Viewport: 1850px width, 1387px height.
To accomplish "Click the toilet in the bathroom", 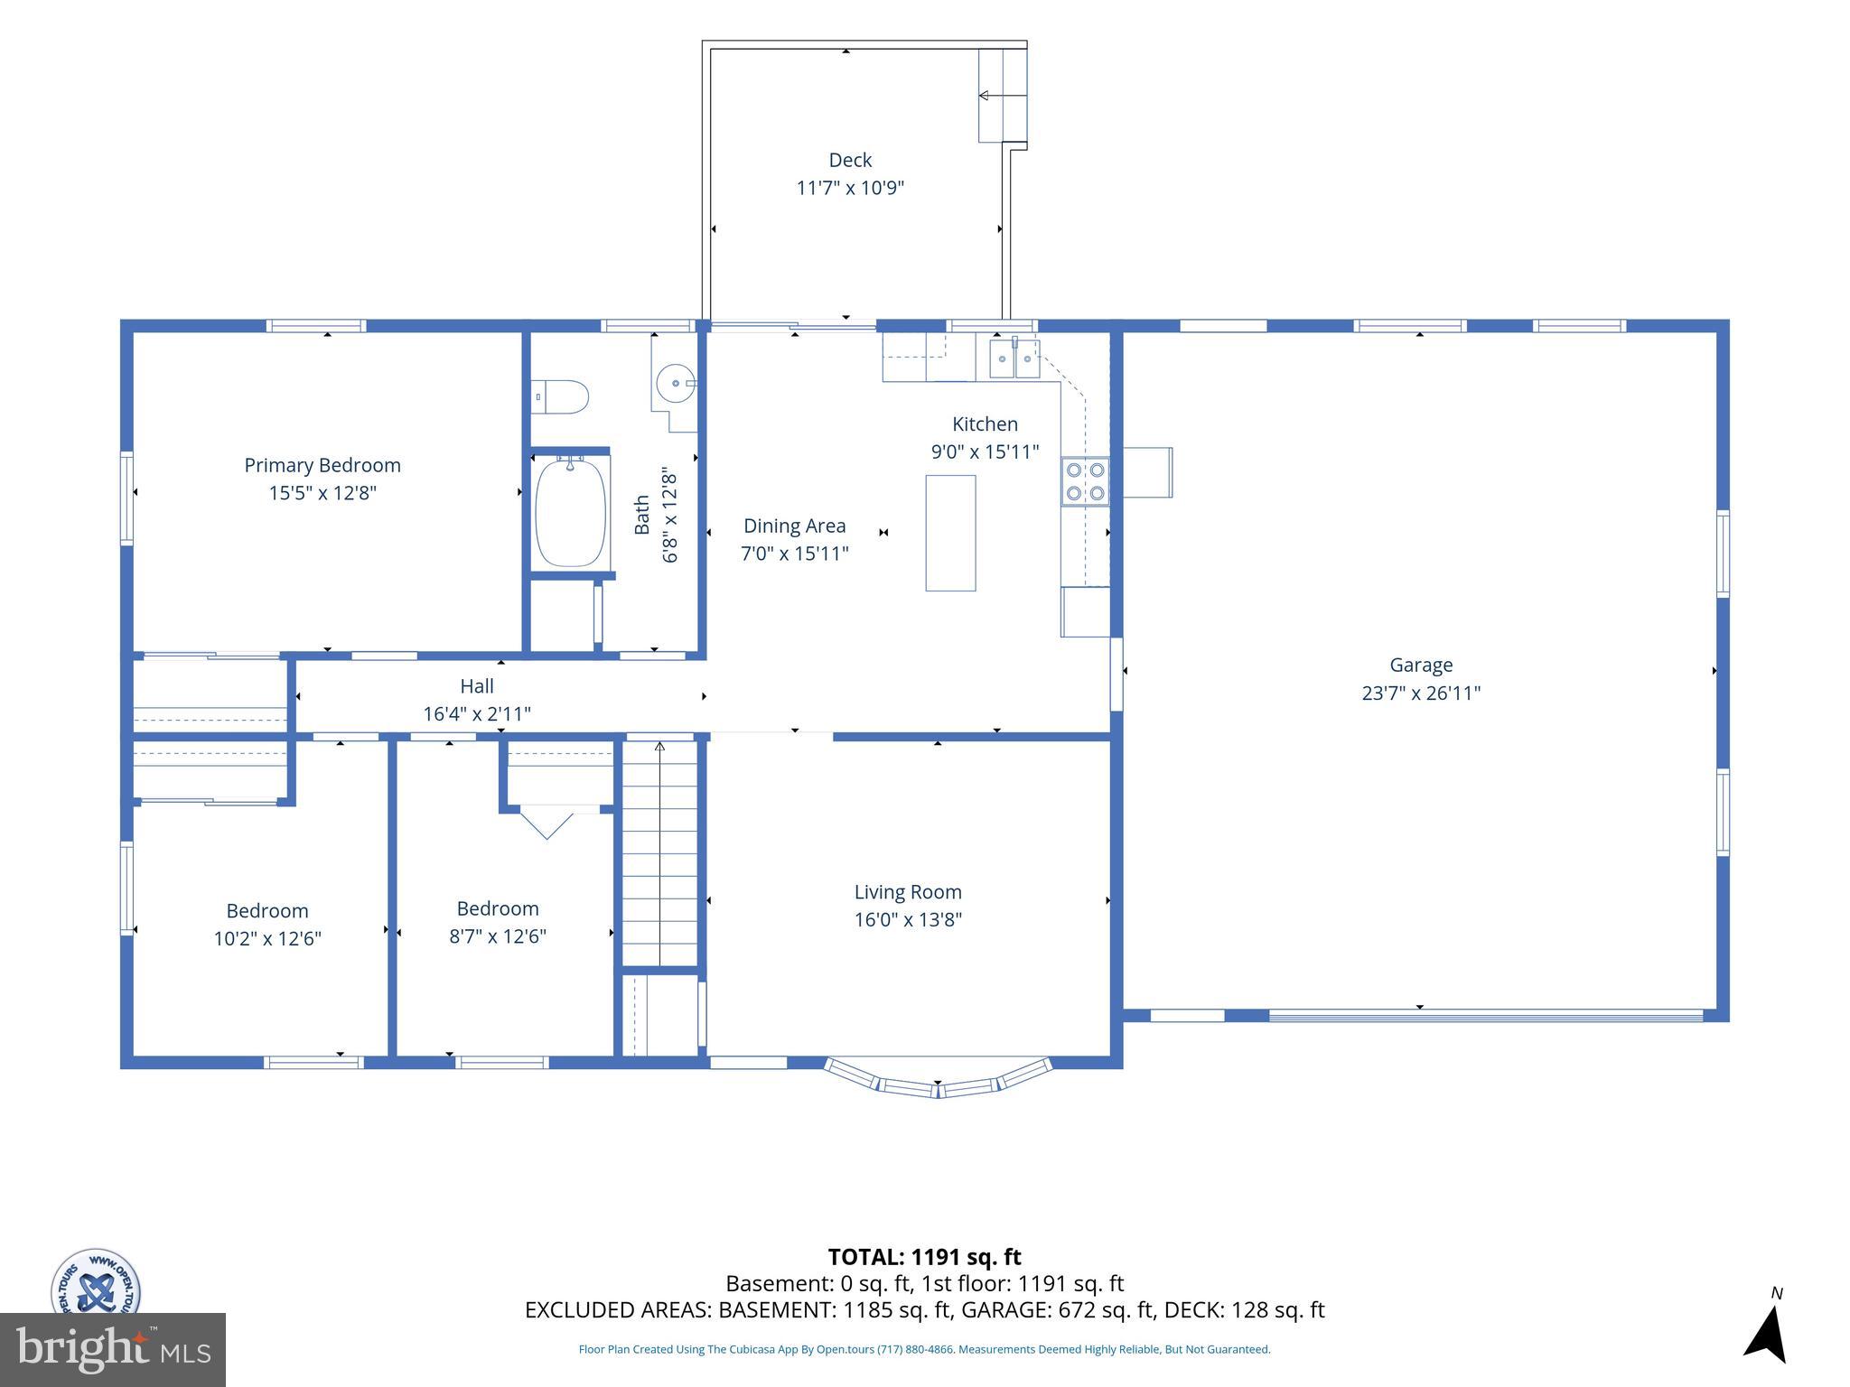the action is click(560, 396).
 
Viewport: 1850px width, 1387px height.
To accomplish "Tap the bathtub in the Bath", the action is click(570, 512).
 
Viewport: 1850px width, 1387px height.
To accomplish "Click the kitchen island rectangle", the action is click(950, 533).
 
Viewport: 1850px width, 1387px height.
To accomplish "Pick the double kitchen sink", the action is click(1015, 358).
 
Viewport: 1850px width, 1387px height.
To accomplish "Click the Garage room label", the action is click(1421, 666).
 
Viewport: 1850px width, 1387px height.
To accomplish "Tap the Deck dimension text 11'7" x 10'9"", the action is click(850, 189).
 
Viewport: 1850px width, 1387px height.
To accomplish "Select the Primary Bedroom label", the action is click(322, 465).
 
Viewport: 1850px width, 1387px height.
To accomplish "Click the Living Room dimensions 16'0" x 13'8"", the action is click(908, 920).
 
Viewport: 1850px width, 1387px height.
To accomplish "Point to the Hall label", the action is click(477, 686).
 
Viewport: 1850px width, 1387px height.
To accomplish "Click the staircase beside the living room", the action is click(660, 853).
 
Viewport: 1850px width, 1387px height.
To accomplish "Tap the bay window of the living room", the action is click(938, 1079).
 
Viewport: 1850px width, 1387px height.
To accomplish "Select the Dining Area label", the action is click(795, 526).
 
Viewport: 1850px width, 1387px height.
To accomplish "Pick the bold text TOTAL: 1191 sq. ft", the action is click(924, 1257).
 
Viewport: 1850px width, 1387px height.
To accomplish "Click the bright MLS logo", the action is click(113, 1349).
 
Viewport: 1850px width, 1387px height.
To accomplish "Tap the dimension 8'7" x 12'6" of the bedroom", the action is click(498, 936).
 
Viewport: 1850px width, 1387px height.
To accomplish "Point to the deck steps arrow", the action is click(1003, 95).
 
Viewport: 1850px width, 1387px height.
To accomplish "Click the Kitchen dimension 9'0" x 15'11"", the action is click(985, 452).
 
